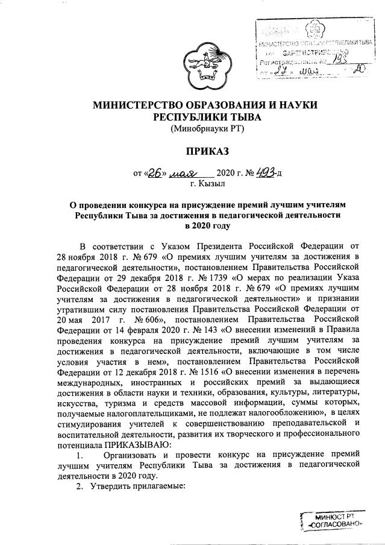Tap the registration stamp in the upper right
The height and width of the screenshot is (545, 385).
[x=313, y=50]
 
